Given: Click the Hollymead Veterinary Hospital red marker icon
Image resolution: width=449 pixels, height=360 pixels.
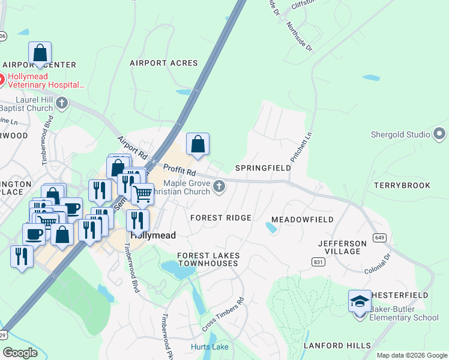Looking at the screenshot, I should pos(2,79).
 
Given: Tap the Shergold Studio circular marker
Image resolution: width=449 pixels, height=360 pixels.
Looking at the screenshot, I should pos(440,134).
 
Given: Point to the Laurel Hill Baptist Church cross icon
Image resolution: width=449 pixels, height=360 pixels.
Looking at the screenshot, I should pos(61,103).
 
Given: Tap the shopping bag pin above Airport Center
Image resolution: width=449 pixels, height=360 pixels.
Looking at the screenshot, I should pos(40,53).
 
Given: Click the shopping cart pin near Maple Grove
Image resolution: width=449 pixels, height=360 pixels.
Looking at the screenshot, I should pos(142,194).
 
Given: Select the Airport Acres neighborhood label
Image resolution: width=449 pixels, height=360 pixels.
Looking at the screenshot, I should pos(164,63).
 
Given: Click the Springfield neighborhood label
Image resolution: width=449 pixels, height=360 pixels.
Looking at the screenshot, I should pos(263,168).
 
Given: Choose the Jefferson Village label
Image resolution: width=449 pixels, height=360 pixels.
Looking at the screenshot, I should pos(342,247).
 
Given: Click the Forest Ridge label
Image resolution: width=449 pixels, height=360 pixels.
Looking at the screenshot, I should pos(220,218).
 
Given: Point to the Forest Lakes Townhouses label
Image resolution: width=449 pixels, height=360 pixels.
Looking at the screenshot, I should pos(208,260).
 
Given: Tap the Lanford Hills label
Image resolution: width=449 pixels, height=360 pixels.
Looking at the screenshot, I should pos(340,346).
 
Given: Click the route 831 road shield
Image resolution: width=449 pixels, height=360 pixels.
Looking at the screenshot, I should pos(318,262).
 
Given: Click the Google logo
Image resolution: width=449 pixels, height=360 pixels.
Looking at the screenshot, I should pos(20,353).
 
